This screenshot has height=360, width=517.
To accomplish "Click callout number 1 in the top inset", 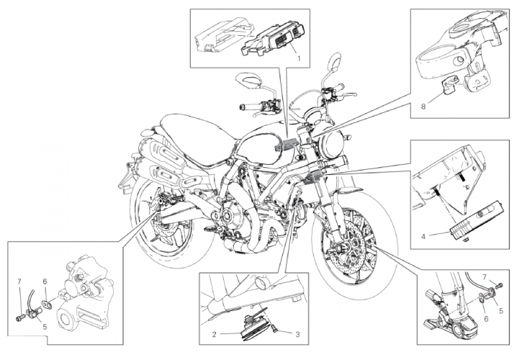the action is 299,58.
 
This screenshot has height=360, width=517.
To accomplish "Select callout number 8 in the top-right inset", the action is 423,107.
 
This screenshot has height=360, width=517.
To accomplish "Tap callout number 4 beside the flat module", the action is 423,236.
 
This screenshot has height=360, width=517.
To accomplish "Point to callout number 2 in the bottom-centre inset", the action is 214,335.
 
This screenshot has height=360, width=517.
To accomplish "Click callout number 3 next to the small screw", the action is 297,335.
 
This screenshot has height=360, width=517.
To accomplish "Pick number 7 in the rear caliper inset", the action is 19,282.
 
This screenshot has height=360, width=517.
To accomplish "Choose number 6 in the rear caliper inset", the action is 45,282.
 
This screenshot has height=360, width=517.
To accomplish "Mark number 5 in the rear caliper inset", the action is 45,327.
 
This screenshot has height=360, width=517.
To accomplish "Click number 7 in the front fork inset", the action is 485,276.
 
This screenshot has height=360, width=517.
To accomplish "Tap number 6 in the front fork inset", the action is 486,319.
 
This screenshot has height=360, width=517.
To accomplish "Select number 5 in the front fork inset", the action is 501,310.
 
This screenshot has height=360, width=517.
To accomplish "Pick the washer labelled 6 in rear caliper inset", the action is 48,303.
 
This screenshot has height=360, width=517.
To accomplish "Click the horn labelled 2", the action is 252,328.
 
